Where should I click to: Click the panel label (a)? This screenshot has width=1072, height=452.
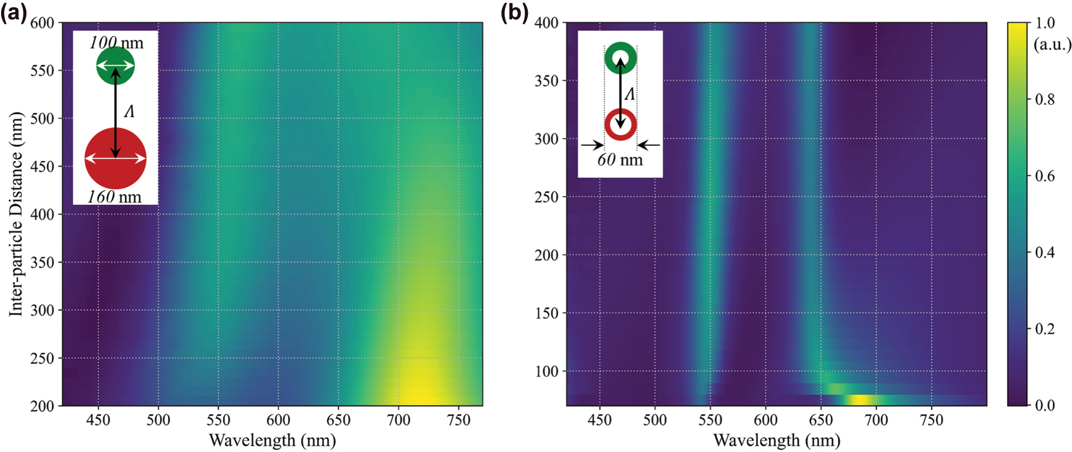[x=13, y=12]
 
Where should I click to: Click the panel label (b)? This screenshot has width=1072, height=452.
[x=514, y=12]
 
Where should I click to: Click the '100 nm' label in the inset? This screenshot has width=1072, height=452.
[x=117, y=42]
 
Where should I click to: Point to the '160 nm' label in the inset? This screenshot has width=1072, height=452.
[x=114, y=197]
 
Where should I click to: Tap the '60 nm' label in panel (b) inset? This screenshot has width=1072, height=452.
[x=620, y=160]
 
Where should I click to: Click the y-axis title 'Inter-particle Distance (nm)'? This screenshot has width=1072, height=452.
[x=16, y=214]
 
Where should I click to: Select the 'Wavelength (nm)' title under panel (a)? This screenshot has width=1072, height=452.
[x=272, y=440]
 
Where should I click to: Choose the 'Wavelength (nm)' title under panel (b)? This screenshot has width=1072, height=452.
[x=777, y=440]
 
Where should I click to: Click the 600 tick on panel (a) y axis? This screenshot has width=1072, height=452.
[x=42, y=23]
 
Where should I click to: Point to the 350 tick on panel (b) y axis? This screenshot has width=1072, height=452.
[x=546, y=80]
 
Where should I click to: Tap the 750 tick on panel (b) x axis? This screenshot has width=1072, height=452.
[x=932, y=420]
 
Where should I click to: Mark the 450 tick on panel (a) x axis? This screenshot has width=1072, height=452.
[x=98, y=420]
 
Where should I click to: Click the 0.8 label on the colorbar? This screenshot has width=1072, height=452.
[x=1044, y=99]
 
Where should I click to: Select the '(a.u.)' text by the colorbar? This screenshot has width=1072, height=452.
[x=1052, y=44]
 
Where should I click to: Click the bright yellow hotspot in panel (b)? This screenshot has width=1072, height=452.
[x=859, y=400]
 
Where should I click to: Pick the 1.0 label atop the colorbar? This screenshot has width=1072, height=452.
[x=1044, y=23]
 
